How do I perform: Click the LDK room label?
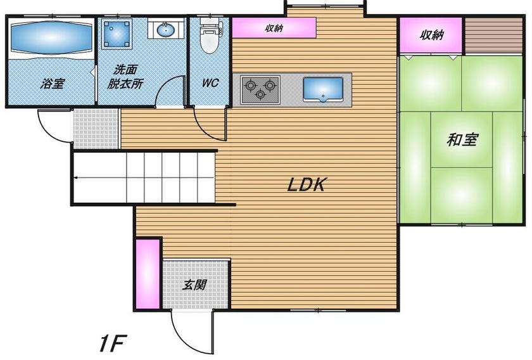(x=307, y=184)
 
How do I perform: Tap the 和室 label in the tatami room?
(x=462, y=139)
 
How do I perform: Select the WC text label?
(x=210, y=83)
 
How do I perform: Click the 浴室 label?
(x=53, y=83)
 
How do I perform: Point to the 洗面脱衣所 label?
(x=125, y=77)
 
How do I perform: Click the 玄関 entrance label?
(x=194, y=285)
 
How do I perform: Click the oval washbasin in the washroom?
(x=166, y=30)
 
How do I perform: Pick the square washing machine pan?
(x=117, y=34)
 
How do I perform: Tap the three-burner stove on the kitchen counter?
(x=260, y=89)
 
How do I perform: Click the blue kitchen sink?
(x=323, y=89)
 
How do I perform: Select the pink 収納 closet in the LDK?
(x=274, y=27)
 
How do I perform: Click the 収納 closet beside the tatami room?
(x=431, y=35)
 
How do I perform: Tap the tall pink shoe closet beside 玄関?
(x=148, y=274)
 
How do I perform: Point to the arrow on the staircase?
(x=144, y=177)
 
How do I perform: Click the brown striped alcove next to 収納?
(x=493, y=35)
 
